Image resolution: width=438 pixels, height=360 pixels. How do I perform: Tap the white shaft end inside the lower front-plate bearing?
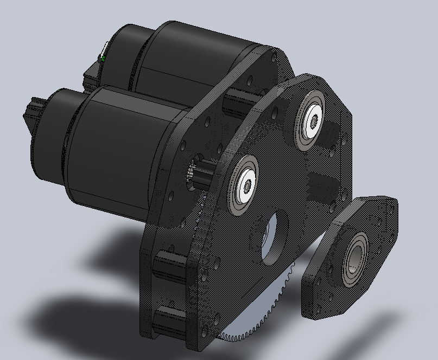(x=247, y=185)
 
